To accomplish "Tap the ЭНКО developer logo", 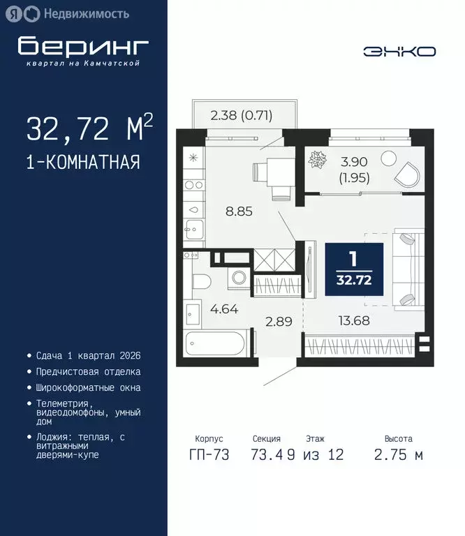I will tap(399, 51).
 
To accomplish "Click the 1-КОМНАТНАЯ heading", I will tap(83, 163).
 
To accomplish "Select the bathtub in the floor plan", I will tap(215, 344).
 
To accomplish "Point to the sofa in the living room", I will tap(407, 269).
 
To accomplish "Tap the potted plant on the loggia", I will tap(318, 161).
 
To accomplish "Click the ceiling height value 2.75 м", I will tap(399, 455).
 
